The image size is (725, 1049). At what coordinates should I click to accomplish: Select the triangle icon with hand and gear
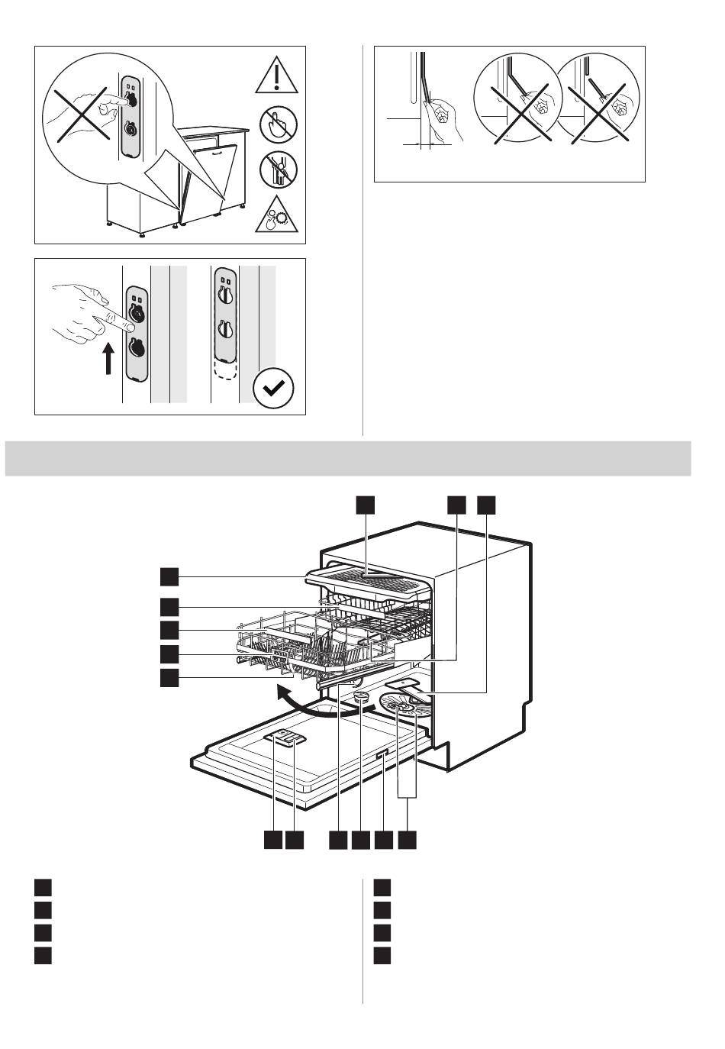pos(279,215)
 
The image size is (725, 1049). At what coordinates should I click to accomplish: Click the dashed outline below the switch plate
pos(226,370)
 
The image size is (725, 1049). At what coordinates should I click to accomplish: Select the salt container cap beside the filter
pos(361,697)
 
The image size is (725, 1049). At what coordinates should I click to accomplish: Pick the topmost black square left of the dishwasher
pos(169,575)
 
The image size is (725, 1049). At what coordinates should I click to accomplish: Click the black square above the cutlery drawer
pos(366,505)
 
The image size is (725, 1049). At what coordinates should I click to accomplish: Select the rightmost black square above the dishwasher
pos(486,505)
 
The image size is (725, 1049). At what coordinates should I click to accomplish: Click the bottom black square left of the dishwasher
pos(169,677)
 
